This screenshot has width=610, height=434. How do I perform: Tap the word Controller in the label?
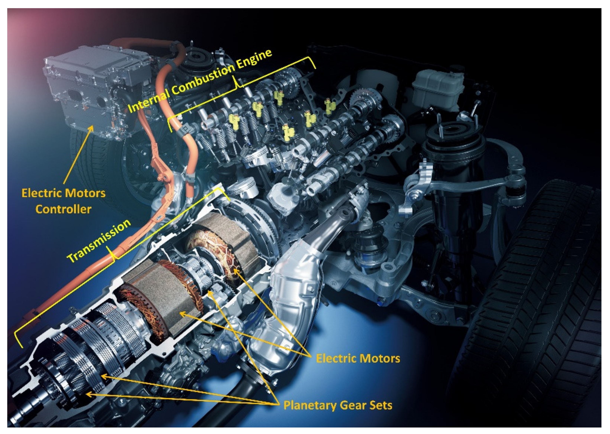pyautogui.click(x=63, y=209)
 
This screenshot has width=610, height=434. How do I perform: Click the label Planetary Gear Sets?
pyautogui.click(x=338, y=405)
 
